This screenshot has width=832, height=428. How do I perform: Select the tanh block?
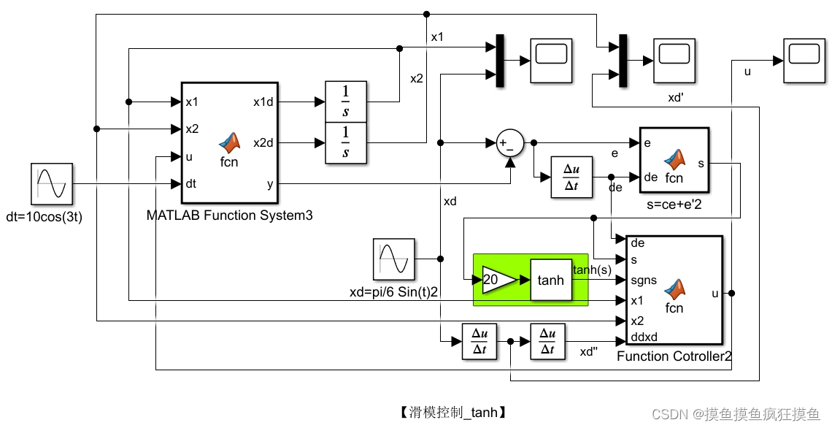[550, 280]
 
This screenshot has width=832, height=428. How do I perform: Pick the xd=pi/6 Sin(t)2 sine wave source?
[394, 259]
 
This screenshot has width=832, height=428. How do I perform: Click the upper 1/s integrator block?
[345, 102]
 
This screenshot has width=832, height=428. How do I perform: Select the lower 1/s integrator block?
[345, 143]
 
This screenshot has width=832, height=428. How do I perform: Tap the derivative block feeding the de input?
[571, 177]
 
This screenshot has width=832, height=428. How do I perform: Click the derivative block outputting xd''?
[547, 341]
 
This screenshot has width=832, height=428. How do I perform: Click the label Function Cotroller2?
[674, 356]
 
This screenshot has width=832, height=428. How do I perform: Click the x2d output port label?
[263, 142]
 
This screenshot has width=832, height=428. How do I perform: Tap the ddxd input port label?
[643, 337]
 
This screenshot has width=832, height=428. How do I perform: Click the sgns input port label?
[643, 280]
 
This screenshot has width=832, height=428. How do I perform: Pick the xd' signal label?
[676, 97]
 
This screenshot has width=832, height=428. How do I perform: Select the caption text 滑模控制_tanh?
[452, 413]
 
